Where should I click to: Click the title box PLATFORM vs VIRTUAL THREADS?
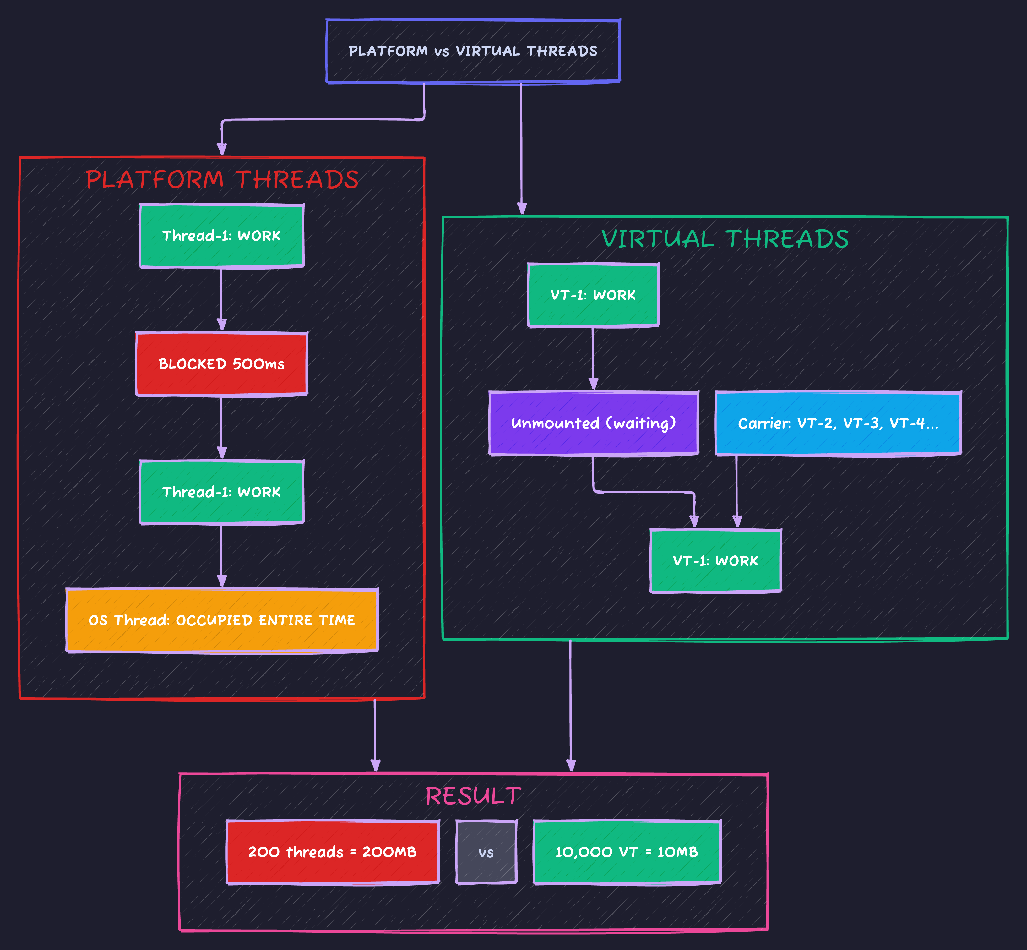click(473, 51)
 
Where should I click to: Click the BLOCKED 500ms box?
click(221, 364)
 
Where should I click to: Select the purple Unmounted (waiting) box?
click(593, 423)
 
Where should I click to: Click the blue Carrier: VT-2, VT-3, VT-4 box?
click(838, 423)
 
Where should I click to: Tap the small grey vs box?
click(486, 852)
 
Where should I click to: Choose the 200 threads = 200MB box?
click(333, 852)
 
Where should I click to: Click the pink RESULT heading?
click(473, 796)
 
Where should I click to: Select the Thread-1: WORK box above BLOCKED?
click(221, 236)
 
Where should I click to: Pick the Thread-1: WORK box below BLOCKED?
click(221, 492)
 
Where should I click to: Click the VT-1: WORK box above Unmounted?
click(593, 295)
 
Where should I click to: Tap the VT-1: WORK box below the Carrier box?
click(715, 561)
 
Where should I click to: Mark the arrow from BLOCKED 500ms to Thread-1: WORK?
click(221, 427)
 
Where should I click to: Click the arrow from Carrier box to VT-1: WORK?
click(736, 491)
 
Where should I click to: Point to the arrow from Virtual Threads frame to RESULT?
click(571, 704)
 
